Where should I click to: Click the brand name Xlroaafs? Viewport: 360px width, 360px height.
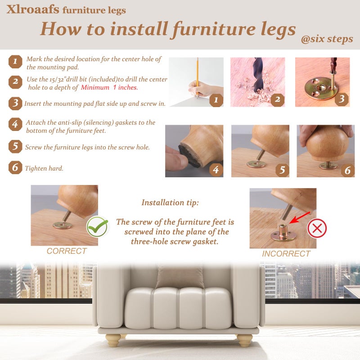click(33, 9)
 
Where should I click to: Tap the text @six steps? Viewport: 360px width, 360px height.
click(327, 39)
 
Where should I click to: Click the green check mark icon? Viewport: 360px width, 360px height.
click(97, 227)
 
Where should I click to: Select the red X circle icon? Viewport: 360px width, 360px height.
click(317, 228)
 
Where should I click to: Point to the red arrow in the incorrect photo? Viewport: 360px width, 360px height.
click(300, 217)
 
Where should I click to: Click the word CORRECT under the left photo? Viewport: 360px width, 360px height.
click(67, 251)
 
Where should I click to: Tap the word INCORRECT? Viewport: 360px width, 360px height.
click(286, 254)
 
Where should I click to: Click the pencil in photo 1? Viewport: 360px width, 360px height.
click(197, 78)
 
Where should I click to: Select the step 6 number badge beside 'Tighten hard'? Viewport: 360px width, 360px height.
click(15, 167)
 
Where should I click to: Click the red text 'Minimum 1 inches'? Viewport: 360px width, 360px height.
click(109, 87)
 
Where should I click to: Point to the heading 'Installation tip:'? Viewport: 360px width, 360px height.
click(170, 202)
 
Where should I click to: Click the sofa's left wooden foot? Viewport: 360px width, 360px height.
click(113, 340)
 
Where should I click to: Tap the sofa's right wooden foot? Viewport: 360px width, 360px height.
click(245, 340)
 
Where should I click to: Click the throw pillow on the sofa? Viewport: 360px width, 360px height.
click(180, 277)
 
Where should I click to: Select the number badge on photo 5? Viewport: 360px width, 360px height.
click(282, 170)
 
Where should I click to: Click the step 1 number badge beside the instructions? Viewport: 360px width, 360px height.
click(15, 62)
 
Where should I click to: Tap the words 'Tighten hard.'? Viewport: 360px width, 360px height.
click(44, 168)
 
